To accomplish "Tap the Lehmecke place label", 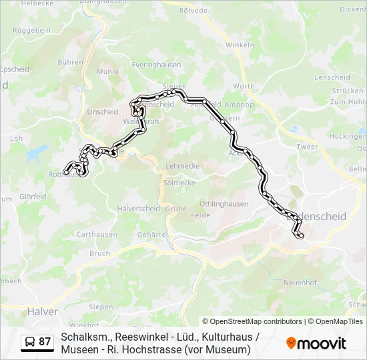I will (182, 165).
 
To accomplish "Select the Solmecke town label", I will (179, 183).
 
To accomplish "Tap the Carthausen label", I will (97, 235).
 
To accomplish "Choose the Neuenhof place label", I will (300, 283).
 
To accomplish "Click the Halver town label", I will (43, 311).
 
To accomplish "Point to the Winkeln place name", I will (240, 45).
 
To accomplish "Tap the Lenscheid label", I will (332, 77).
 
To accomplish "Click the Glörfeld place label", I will (33, 197).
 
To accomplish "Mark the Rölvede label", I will (194, 11).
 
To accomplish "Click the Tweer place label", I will (307, 147).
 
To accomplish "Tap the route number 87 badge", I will (45, 342).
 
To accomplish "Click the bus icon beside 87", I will (30, 343).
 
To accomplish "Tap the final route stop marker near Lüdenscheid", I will (300, 235).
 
